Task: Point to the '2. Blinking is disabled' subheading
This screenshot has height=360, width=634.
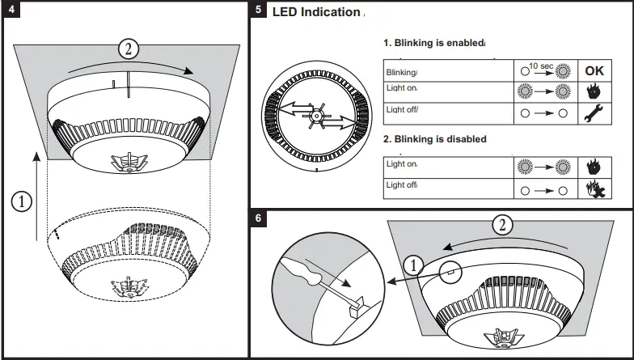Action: (434, 139)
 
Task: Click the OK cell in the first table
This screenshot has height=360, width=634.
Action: (594, 71)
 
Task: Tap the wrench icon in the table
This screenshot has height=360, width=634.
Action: (594, 113)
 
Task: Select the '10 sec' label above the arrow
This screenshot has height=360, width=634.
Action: (540, 64)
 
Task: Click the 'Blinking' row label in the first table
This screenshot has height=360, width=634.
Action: (402, 72)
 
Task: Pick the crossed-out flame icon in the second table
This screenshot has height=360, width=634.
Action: (594, 188)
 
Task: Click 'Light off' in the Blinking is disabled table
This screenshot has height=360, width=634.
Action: (401, 185)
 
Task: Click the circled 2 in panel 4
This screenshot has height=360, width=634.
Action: (128, 48)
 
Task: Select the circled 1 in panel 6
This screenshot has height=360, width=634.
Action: (412, 265)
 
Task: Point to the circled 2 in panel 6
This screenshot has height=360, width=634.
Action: (503, 226)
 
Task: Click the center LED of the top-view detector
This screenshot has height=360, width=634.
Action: (317, 116)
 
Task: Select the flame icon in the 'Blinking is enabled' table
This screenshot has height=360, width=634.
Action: (594, 91)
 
